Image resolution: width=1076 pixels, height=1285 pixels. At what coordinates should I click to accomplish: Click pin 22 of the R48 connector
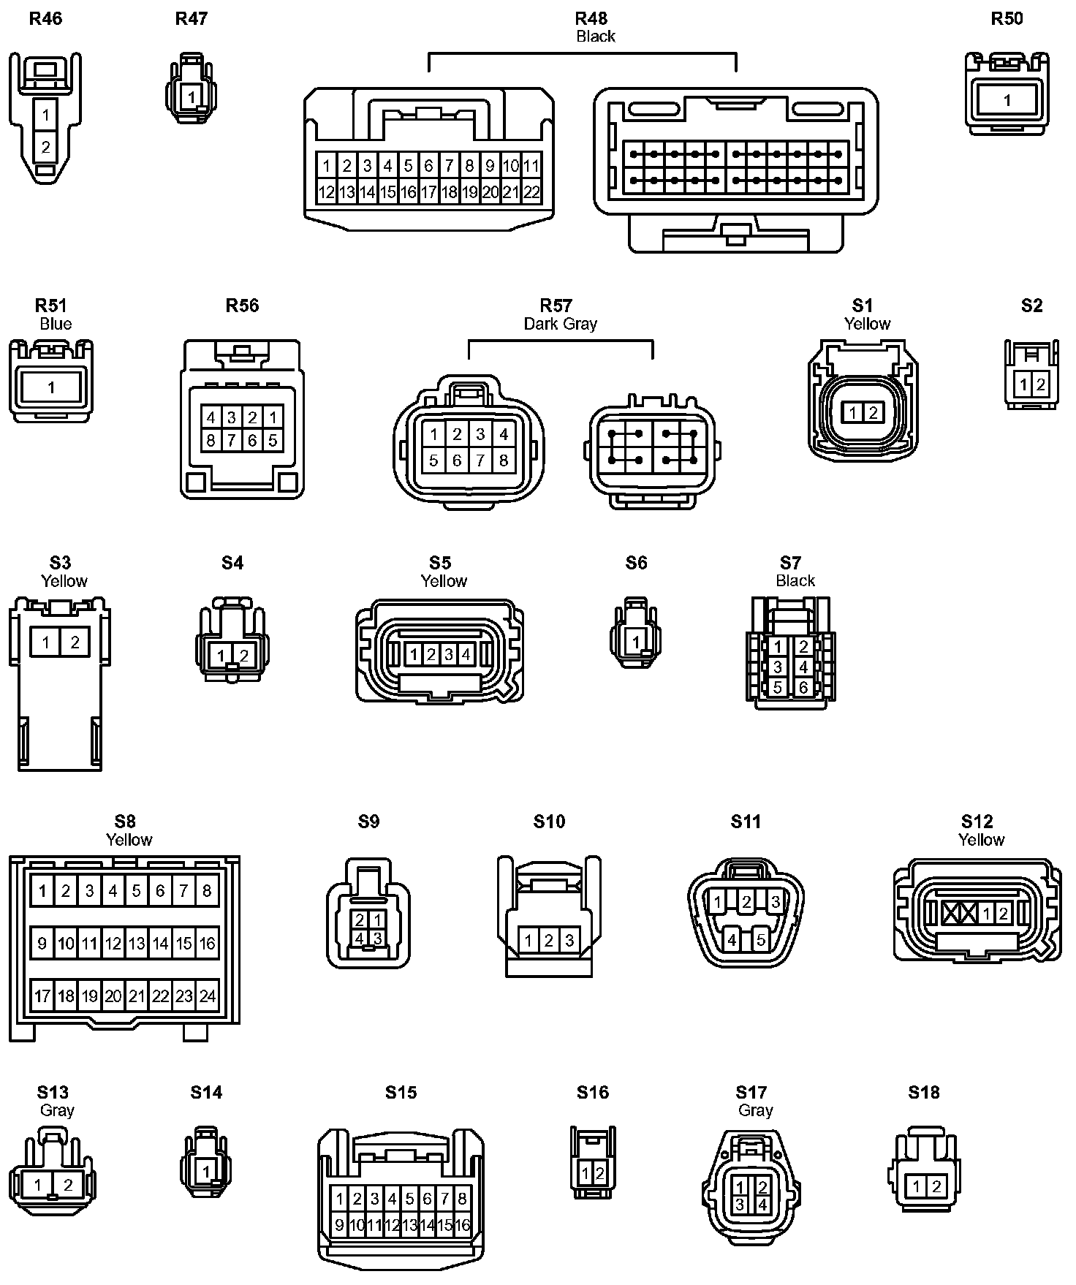click(x=531, y=192)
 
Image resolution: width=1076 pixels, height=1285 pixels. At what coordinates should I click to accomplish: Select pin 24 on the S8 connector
click(x=208, y=996)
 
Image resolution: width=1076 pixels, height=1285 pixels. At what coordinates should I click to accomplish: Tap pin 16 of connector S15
click(x=462, y=1225)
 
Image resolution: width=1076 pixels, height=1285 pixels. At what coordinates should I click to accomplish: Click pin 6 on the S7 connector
click(x=803, y=687)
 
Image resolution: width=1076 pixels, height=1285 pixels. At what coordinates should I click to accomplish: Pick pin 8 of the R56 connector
click(x=211, y=440)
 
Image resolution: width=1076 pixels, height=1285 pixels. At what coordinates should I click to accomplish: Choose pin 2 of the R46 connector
click(x=45, y=147)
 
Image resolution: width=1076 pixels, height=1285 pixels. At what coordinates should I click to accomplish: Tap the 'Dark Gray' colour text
click(x=560, y=324)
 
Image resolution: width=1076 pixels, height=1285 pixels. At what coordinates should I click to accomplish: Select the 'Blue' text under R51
click(x=56, y=324)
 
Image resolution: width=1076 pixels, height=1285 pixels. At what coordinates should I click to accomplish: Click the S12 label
click(x=977, y=822)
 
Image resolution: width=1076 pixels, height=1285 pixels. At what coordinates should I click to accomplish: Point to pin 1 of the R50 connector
click(x=1007, y=100)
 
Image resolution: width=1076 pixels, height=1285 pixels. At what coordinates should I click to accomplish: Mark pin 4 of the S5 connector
click(x=466, y=654)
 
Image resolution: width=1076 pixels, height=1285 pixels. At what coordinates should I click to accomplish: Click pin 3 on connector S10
click(x=569, y=940)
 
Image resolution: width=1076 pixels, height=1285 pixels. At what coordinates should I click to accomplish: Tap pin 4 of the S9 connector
click(x=360, y=937)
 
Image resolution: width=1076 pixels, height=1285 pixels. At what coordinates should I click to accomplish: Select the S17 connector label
click(x=751, y=1092)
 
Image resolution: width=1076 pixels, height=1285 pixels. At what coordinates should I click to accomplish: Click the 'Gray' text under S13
click(x=57, y=1110)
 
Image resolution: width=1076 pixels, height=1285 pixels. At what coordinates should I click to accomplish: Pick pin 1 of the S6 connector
click(x=636, y=642)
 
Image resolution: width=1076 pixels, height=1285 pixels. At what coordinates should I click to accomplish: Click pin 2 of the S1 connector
click(x=873, y=413)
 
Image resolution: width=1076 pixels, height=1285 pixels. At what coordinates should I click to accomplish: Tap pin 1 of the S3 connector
click(x=45, y=642)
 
